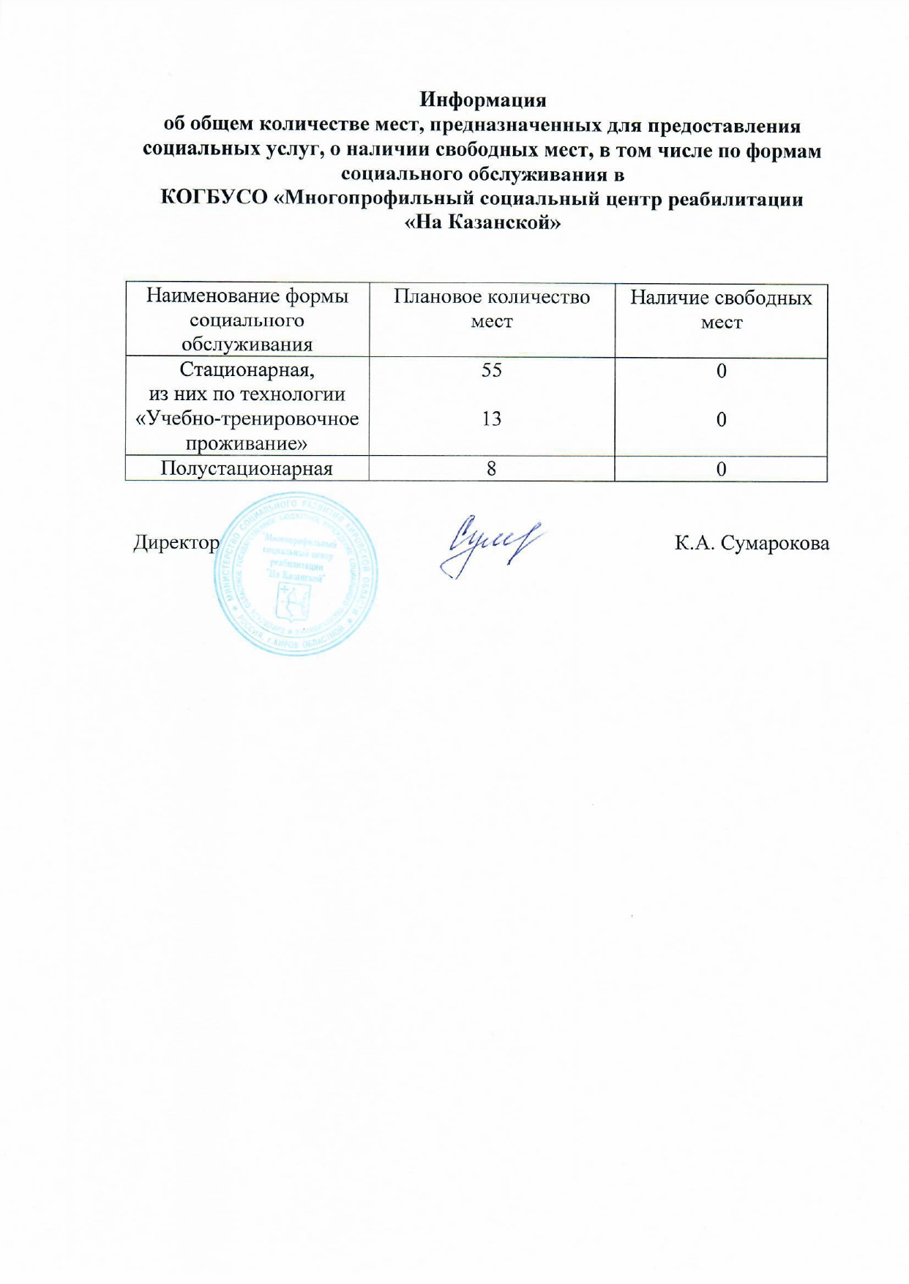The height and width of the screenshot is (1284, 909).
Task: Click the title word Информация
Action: (x=482, y=100)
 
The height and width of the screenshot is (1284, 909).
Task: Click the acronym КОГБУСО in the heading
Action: (x=213, y=199)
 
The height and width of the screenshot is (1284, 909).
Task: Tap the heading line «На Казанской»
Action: (x=482, y=222)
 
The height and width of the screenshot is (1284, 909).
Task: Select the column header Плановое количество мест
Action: (x=491, y=309)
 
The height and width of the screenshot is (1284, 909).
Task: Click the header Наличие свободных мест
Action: (x=721, y=309)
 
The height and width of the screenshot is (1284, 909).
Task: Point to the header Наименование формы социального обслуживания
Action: (x=247, y=320)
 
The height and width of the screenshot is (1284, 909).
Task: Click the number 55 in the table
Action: (x=491, y=370)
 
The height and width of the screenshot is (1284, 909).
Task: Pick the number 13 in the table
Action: (x=491, y=418)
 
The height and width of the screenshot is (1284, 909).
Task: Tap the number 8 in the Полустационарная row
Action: (x=491, y=468)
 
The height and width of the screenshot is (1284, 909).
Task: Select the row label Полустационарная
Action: (x=247, y=468)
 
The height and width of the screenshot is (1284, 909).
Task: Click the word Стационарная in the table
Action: (x=247, y=369)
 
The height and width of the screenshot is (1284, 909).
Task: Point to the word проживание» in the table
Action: (x=247, y=443)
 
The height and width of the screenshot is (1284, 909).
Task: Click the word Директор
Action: (x=176, y=543)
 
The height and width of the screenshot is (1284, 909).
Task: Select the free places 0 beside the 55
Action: (x=721, y=371)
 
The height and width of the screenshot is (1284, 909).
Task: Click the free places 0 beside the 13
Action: (x=721, y=419)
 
